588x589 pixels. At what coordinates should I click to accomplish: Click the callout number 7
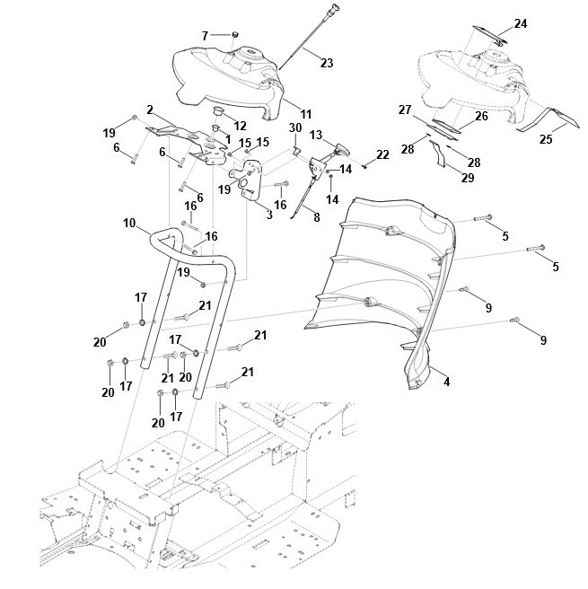tap(205, 35)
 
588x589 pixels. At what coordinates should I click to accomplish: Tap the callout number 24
tap(521, 22)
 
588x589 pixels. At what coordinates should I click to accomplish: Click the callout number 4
tap(447, 382)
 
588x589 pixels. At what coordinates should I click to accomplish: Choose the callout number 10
tap(129, 222)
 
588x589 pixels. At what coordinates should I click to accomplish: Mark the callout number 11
tap(306, 114)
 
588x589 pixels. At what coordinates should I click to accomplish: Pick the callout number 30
tap(294, 127)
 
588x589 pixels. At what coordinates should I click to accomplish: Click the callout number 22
tap(382, 155)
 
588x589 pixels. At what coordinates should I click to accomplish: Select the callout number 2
tap(150, 110)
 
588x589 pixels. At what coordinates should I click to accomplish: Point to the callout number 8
tap(316, 215)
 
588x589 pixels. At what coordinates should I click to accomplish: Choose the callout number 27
tap(404, 109)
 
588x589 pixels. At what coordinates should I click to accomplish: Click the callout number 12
tap(240, 125)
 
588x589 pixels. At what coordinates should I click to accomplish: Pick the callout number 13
tap(316, 134)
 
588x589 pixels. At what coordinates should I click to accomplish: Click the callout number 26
tap(481, 116)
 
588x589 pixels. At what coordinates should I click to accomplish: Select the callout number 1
tap(229, 139)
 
